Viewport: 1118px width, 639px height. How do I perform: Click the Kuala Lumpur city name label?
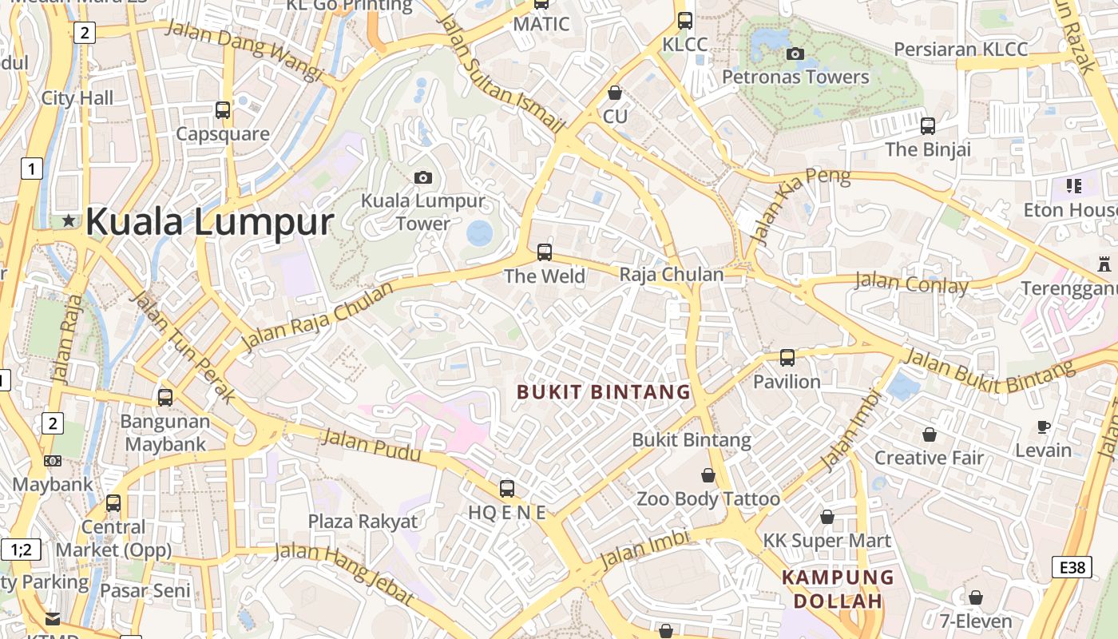click(209, 221)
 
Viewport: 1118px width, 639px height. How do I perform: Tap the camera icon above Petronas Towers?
click(795, 54)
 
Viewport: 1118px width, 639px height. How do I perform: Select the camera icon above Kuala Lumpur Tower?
click(423, 177)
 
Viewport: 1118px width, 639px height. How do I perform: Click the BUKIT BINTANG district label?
click(604, 392)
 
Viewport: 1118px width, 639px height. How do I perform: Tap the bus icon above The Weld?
click(545, 252)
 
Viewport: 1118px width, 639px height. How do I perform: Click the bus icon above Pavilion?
click(787, 357)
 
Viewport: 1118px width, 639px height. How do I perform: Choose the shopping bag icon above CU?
click(615, 93)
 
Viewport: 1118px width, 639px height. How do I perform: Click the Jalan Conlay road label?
click(911, 283)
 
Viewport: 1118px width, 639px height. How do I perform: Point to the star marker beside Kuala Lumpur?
click(69, 220)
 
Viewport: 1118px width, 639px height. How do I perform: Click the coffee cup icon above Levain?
click(1043, 427)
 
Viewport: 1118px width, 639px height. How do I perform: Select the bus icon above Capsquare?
click(223, 110)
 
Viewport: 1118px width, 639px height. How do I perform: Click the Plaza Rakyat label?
click(363, 522)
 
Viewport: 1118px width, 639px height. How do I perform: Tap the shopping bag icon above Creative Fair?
click(929, 435)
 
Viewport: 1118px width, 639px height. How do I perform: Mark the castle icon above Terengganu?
click(1104, 264)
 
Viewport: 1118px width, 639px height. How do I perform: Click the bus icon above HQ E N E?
click(506, 488)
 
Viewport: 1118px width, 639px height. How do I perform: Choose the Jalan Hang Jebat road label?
click(344, 573)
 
